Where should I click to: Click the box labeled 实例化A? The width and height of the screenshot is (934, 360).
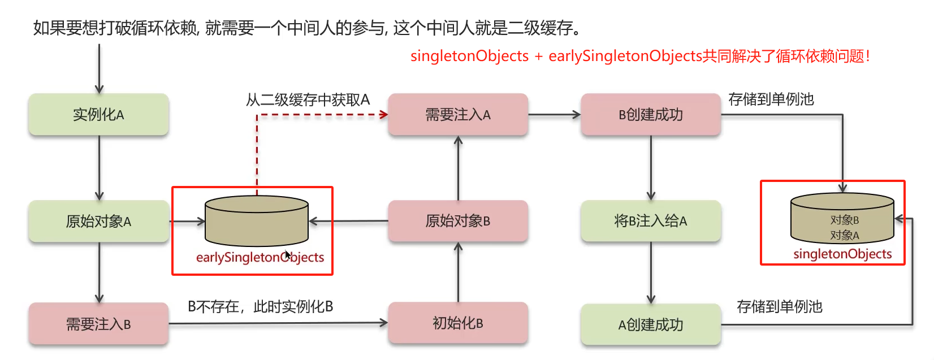point(98,115)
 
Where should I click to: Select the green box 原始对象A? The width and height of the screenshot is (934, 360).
point(98,222)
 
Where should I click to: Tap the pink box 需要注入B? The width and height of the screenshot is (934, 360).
point(98,324)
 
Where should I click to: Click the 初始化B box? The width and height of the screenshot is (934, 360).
point(458,323)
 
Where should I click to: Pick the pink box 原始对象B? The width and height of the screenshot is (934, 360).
point(458,221)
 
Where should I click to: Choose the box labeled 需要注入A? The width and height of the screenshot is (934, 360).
point(458,115)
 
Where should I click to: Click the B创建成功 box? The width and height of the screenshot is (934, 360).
point(651,115)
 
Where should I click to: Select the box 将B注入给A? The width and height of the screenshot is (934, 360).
point(651,221)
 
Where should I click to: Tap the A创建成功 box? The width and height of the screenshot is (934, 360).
point(651,324)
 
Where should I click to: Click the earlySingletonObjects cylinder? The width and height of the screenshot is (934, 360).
point(257,220)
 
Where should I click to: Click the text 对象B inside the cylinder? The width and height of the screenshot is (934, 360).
point(845,220)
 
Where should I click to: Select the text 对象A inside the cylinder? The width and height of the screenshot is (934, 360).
point(845,235)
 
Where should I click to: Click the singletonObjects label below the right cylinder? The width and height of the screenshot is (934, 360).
point(842,254)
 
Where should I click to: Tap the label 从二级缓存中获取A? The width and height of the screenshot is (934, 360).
point(308,100)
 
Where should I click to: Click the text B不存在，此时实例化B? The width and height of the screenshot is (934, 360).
point(261,307)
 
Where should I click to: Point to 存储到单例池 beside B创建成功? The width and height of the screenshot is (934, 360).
point(771,99)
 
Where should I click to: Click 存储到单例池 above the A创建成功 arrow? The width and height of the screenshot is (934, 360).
point(780,307)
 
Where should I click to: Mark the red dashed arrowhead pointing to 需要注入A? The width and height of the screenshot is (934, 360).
point(384,115)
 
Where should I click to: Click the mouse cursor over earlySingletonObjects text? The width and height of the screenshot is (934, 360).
point(288,255)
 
